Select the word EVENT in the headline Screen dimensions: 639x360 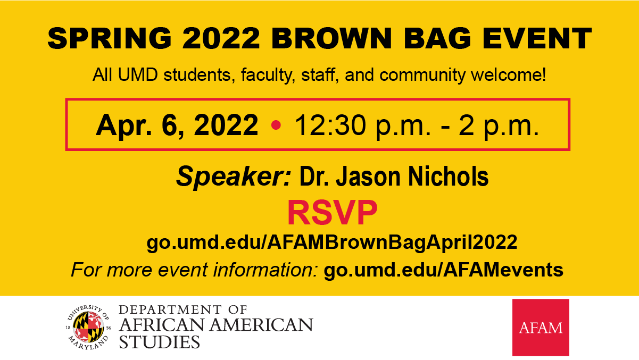(x=537, y=38)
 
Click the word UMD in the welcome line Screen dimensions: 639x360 (x=138, y=74)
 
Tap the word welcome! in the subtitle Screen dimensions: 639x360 (x=508, y=74)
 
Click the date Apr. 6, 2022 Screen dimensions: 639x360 (x=177, y=125)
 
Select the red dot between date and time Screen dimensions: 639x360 (x=276, y=125)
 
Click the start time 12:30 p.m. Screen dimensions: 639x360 (x=362, y=126)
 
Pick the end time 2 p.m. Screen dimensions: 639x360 (x=499, y=126)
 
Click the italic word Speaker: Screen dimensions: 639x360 (x=234, y=177)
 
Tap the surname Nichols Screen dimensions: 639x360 (x=448, y=176)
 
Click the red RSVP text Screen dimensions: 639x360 (x=333, y=213)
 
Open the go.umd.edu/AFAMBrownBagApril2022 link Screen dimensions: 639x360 (x=332, y=243)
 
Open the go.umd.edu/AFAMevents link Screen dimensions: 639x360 (x=444, y=270)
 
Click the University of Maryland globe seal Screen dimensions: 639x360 (x=88, y=327)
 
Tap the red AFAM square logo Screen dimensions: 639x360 (x=541, y=328)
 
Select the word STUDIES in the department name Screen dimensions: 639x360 (x=159, y=342)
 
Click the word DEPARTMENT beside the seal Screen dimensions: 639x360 (x=170, y=309)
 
